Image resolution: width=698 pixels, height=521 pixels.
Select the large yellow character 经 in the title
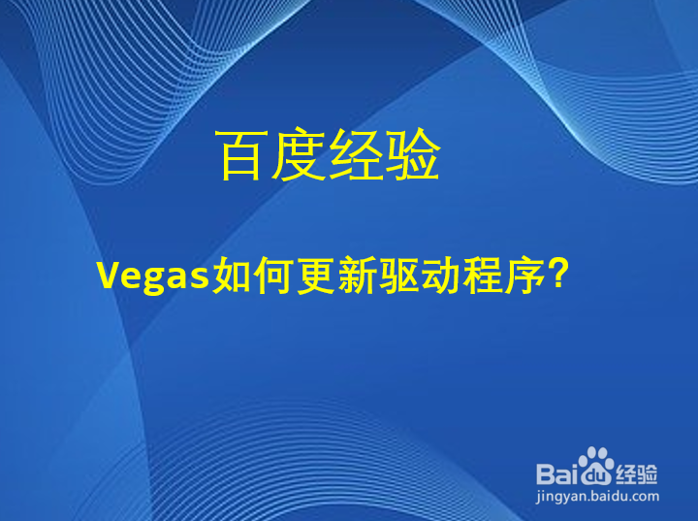point(356,156)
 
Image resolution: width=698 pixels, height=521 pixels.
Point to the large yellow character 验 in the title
point(413,156)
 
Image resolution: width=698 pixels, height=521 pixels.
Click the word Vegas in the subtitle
point(154,277)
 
